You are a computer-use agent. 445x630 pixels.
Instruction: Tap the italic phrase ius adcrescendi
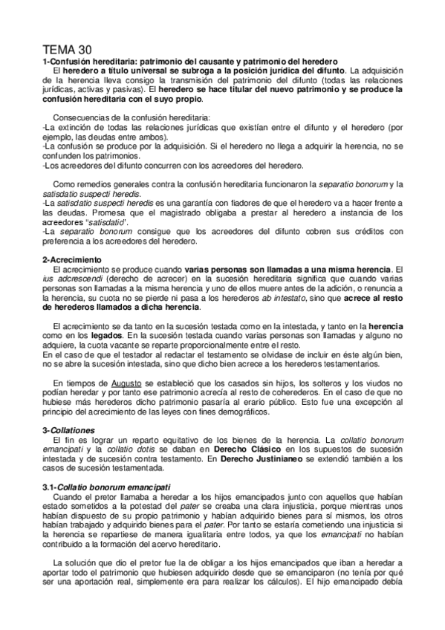click(x=72, y=278)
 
